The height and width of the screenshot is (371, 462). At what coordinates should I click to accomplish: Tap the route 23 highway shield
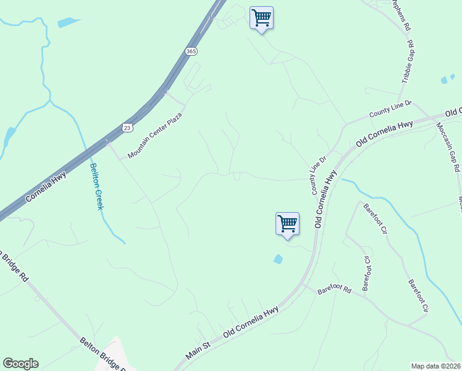tap(127, 127)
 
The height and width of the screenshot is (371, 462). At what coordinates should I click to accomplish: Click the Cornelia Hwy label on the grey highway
tap(46, 189)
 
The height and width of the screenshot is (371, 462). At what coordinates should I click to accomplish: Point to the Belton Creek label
tap(96, 185)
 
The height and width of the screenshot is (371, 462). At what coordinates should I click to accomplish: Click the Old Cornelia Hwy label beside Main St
tap(251, 322)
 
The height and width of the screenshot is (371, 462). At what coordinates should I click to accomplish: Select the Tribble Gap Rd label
tap(408, 62)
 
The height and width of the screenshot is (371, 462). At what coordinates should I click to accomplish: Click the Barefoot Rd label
tap(334, 289)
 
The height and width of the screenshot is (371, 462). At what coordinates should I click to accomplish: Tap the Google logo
tap(20, 364)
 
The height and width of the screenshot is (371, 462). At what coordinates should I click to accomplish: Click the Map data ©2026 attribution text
tap(436, 365)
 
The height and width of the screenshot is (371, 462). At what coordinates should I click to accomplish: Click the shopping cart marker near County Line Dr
tap(287, 223)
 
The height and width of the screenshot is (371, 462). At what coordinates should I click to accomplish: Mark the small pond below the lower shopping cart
tap(279, 259)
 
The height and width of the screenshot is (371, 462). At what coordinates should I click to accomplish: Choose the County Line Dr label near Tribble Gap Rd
tap(390, 109)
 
